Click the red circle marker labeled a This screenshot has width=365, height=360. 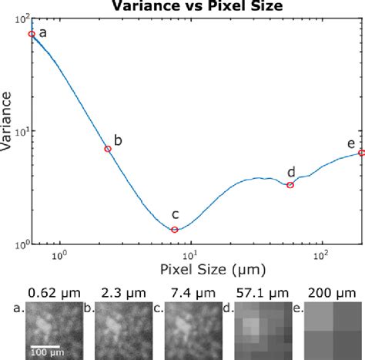32,34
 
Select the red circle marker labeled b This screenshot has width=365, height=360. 108,149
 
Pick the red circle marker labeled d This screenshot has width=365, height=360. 290,185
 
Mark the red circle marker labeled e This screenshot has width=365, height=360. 361,153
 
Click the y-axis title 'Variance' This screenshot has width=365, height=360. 8,126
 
